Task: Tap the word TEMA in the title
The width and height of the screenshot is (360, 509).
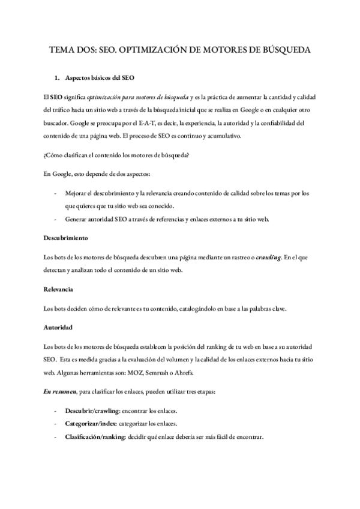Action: [x=61, y=51]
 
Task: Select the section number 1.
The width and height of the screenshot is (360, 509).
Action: [x=57, y=79]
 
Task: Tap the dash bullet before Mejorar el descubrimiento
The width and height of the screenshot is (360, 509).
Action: [x=56, y=193]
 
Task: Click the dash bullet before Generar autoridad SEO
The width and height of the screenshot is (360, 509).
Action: [x=56, y=219]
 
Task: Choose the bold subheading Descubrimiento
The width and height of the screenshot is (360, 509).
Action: [x=67, y=238]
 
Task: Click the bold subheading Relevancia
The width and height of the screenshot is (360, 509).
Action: [x=58, y=289]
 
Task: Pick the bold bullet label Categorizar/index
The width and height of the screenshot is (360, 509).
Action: [x=91, y=424]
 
